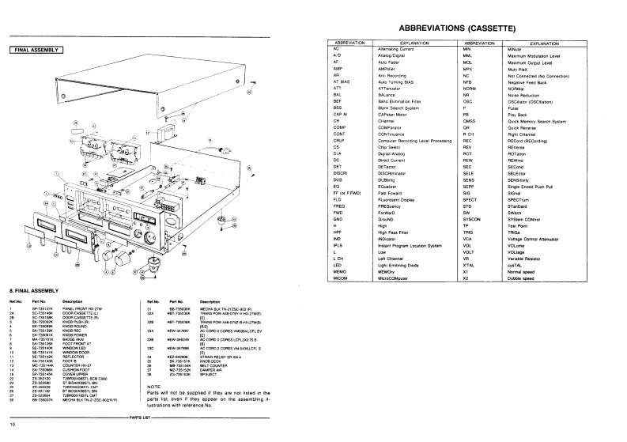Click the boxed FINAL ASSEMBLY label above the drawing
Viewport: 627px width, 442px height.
38,50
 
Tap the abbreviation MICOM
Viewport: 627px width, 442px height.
343,278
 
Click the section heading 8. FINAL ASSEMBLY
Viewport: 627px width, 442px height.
32,292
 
